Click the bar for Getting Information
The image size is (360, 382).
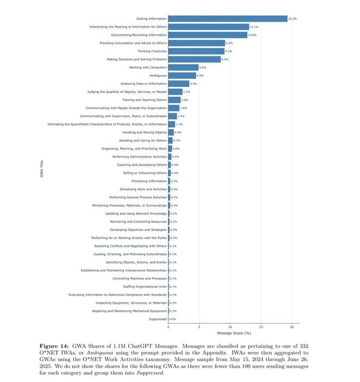[x=227, y=19]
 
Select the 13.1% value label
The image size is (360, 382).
[x=253, y=27]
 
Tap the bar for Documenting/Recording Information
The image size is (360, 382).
[x=207, y=35]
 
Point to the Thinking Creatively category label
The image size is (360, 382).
[x=152, y=51]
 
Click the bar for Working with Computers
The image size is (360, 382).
[x=183, y=67]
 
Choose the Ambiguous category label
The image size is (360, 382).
[x=158, y=75]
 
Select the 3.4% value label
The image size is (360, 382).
[x=193, y=83]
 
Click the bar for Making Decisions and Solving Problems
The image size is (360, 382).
[x=194, y=59]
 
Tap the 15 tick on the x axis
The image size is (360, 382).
[x=261, y=327]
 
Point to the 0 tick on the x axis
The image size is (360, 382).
[x=168, y=327]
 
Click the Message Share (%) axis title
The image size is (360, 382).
[x=234, y=333]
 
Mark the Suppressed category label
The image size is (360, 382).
[x=157, y=319]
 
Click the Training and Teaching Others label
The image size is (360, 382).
[x=145, y=100]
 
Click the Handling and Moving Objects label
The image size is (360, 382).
[x=145, y=132]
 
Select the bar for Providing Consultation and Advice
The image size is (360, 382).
[x=196, y=43]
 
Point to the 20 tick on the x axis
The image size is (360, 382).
[x=292, y=327]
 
